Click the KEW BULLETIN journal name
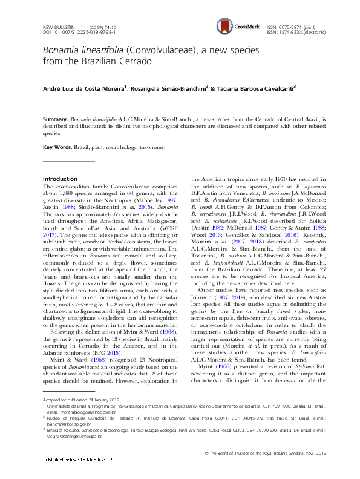59,28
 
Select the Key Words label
57,147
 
